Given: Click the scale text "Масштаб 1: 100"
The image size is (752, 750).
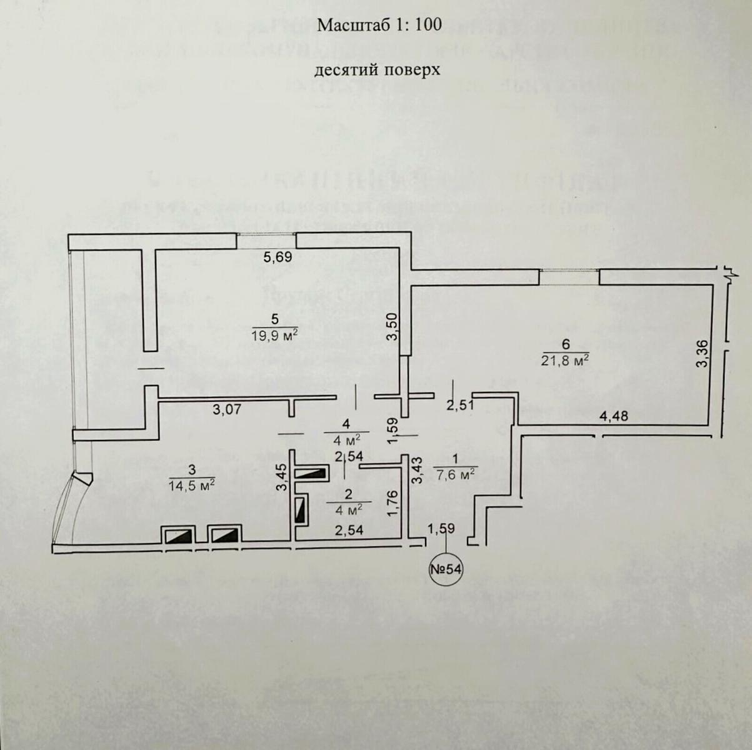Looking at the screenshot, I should point(379,25).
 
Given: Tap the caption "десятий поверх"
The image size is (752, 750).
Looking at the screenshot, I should point(377,69).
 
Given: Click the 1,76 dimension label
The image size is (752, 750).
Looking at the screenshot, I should point(393,503).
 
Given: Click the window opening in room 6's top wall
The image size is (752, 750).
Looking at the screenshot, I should point(569,276).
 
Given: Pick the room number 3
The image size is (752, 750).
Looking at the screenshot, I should point(192,469).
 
